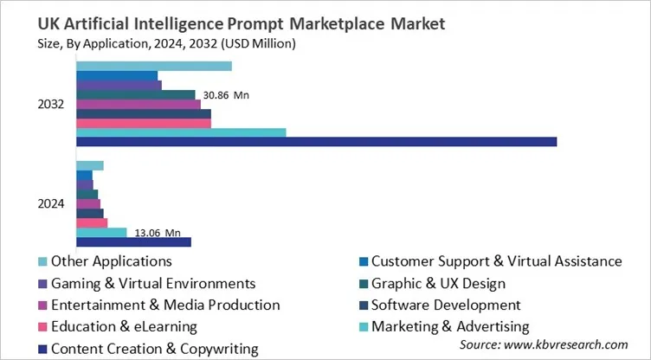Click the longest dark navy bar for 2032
point(316,142)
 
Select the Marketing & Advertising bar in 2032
point(181,132)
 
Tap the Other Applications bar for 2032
point(153,66)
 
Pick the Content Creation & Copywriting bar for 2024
point(133,241)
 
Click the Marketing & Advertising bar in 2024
point(101,232)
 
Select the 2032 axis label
point(51,104)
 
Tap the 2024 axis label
point(51,204)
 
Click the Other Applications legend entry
point(111,260)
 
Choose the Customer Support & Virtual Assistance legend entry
point(496,260)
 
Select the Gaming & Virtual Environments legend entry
point(152,283)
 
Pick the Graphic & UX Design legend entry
point(438,283)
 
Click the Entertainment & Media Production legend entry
point(165,305)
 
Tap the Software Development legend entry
point(446,305)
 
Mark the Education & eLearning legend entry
point(124,326)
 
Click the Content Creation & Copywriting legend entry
point(154,349)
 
